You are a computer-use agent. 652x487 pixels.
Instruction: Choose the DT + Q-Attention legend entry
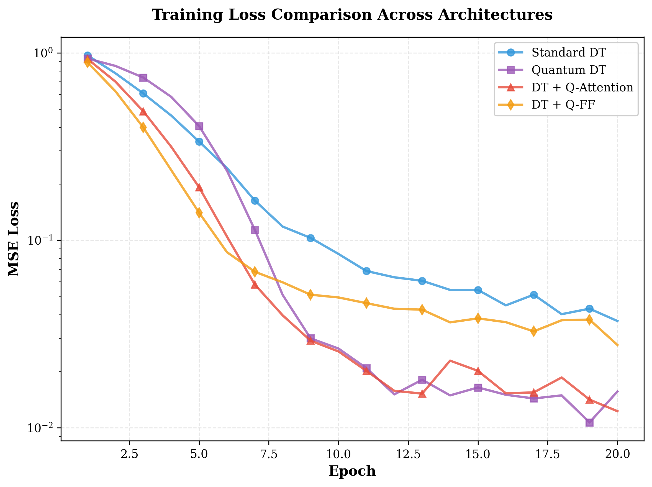pyautogui.click(x=582, y=87)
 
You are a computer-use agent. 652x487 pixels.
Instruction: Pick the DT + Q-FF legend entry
pyautogui.click(x=563, y=104)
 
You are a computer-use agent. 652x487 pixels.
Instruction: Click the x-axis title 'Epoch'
pyautogui.click(x=352, y=471)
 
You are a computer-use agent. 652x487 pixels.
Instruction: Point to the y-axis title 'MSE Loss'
pyautogui.click(x=14, y=239)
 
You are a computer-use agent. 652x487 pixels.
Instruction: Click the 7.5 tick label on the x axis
pyautogui.click(x=269, y=454)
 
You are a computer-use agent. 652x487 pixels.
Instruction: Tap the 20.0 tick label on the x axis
pyautogui.click(x=617, y=454)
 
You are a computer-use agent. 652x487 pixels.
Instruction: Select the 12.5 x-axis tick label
pyautogui.click(x=408, y=454)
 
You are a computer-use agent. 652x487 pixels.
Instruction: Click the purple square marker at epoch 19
pyautogui.click(x=589, y=422)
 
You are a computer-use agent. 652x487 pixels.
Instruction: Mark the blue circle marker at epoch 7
pyautogui.click(x=255, y=201)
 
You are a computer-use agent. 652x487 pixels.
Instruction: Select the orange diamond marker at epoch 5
pyautogui.click(x=199, y=212)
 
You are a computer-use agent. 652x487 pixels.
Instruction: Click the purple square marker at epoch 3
pyautogui.click(x=143, y=78)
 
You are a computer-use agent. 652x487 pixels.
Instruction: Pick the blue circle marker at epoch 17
pyautogui.click(x=534, y=295)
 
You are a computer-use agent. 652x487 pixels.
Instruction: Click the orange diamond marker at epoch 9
pyautogui.click(x=310, y=295)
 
